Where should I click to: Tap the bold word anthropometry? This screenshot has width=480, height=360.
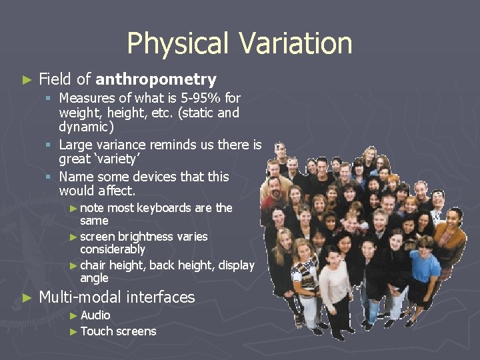click(156, 79)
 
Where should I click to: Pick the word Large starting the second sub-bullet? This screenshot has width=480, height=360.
click(76, 145)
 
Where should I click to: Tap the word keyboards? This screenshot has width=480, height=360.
click(165, 208)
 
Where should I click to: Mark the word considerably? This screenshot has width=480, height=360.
click(112, 249)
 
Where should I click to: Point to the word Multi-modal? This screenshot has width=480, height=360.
click(80, 297)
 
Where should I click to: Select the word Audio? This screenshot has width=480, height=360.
click(95, 315)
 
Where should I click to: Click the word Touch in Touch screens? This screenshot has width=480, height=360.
click(96, 331)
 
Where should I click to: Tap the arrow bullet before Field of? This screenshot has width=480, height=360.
click(27, 80)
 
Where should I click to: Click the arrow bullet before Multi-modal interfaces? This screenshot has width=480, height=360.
click(27, 298)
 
